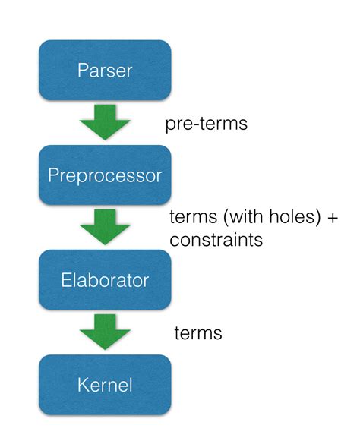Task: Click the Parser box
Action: tap(105, 71)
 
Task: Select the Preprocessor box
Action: tap(105, 175)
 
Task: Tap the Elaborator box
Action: tap(105, 280)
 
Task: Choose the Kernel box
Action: tap(105, 385)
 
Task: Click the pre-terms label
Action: tap(207, 123)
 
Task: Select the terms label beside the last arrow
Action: tap(198, 332)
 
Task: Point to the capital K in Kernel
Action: tap(83, 385)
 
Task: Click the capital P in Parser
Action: tap(83, 71)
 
